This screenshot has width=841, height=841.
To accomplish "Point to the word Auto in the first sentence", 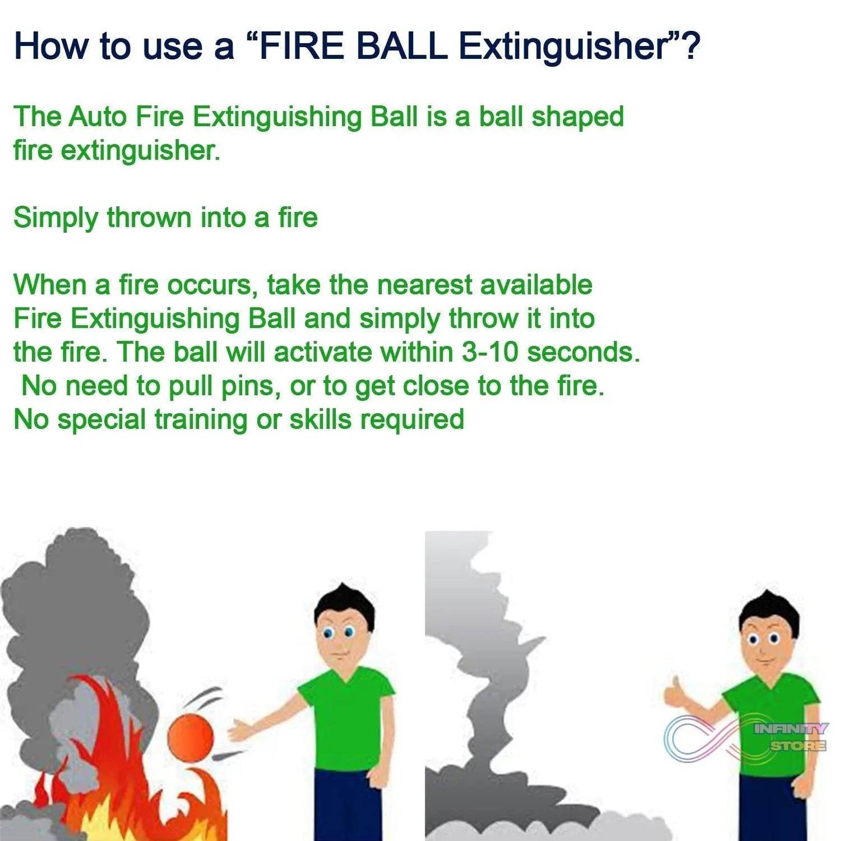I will [97, 116].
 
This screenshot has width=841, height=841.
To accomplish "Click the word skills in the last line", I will [320, 420].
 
